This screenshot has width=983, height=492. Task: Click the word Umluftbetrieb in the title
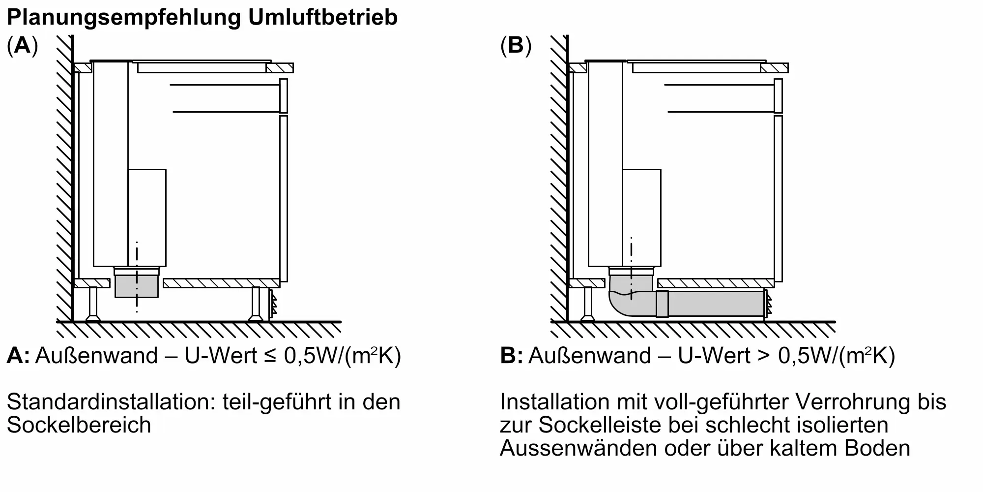pyautogui.click(x=322, y=18)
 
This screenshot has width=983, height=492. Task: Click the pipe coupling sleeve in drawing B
pyautogui.click(x=662, y=304)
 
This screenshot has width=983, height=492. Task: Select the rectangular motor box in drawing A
pyautogui.click(x=147, y=217)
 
